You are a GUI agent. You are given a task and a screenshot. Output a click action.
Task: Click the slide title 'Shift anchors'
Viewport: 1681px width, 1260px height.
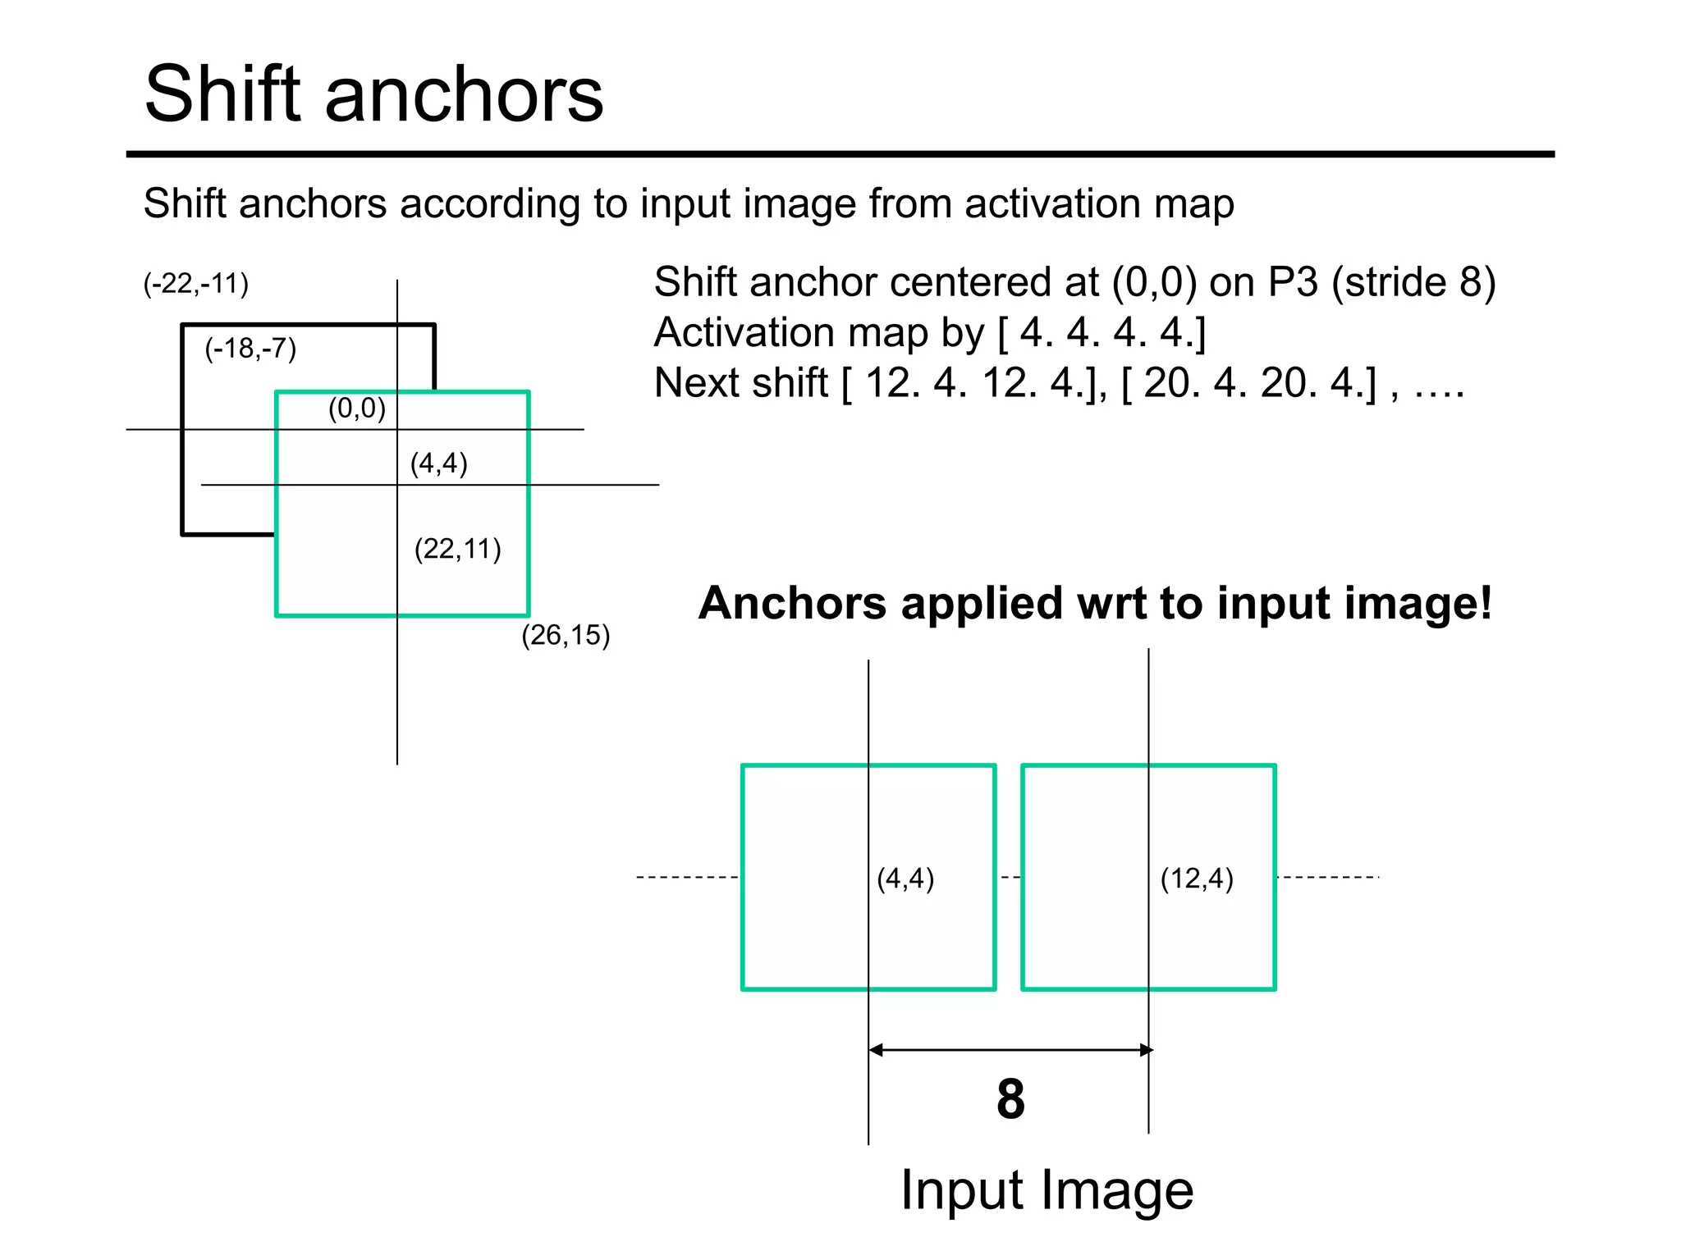point(373,94)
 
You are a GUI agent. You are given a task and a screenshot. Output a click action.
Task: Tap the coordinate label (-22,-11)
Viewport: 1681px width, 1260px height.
point(195,284)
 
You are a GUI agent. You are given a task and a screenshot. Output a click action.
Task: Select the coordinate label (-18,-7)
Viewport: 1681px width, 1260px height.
point(250,349)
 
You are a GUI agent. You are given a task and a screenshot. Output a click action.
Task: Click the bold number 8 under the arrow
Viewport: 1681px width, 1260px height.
point(1010,1099)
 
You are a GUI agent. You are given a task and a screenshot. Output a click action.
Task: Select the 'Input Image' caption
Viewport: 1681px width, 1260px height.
point(1047,1190)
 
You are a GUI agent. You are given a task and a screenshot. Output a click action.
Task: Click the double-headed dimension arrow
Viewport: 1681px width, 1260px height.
point(1010,1050)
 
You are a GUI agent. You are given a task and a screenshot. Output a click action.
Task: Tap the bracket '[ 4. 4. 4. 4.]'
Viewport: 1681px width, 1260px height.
point(1101,333)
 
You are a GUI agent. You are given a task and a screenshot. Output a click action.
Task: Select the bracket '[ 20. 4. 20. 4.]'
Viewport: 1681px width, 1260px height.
point(1248,383)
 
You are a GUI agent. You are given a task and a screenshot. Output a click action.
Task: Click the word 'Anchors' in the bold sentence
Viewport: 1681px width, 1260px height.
point(793,604)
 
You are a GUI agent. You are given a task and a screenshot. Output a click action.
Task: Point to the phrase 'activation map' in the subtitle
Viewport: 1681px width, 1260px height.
point(1098,203)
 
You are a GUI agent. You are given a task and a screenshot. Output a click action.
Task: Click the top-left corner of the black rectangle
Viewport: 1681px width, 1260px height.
point(183,326)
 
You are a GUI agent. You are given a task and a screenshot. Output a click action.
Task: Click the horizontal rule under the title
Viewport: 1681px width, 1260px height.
point(840,154)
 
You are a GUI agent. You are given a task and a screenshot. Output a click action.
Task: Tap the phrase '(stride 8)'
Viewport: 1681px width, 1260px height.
point(1413,282)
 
